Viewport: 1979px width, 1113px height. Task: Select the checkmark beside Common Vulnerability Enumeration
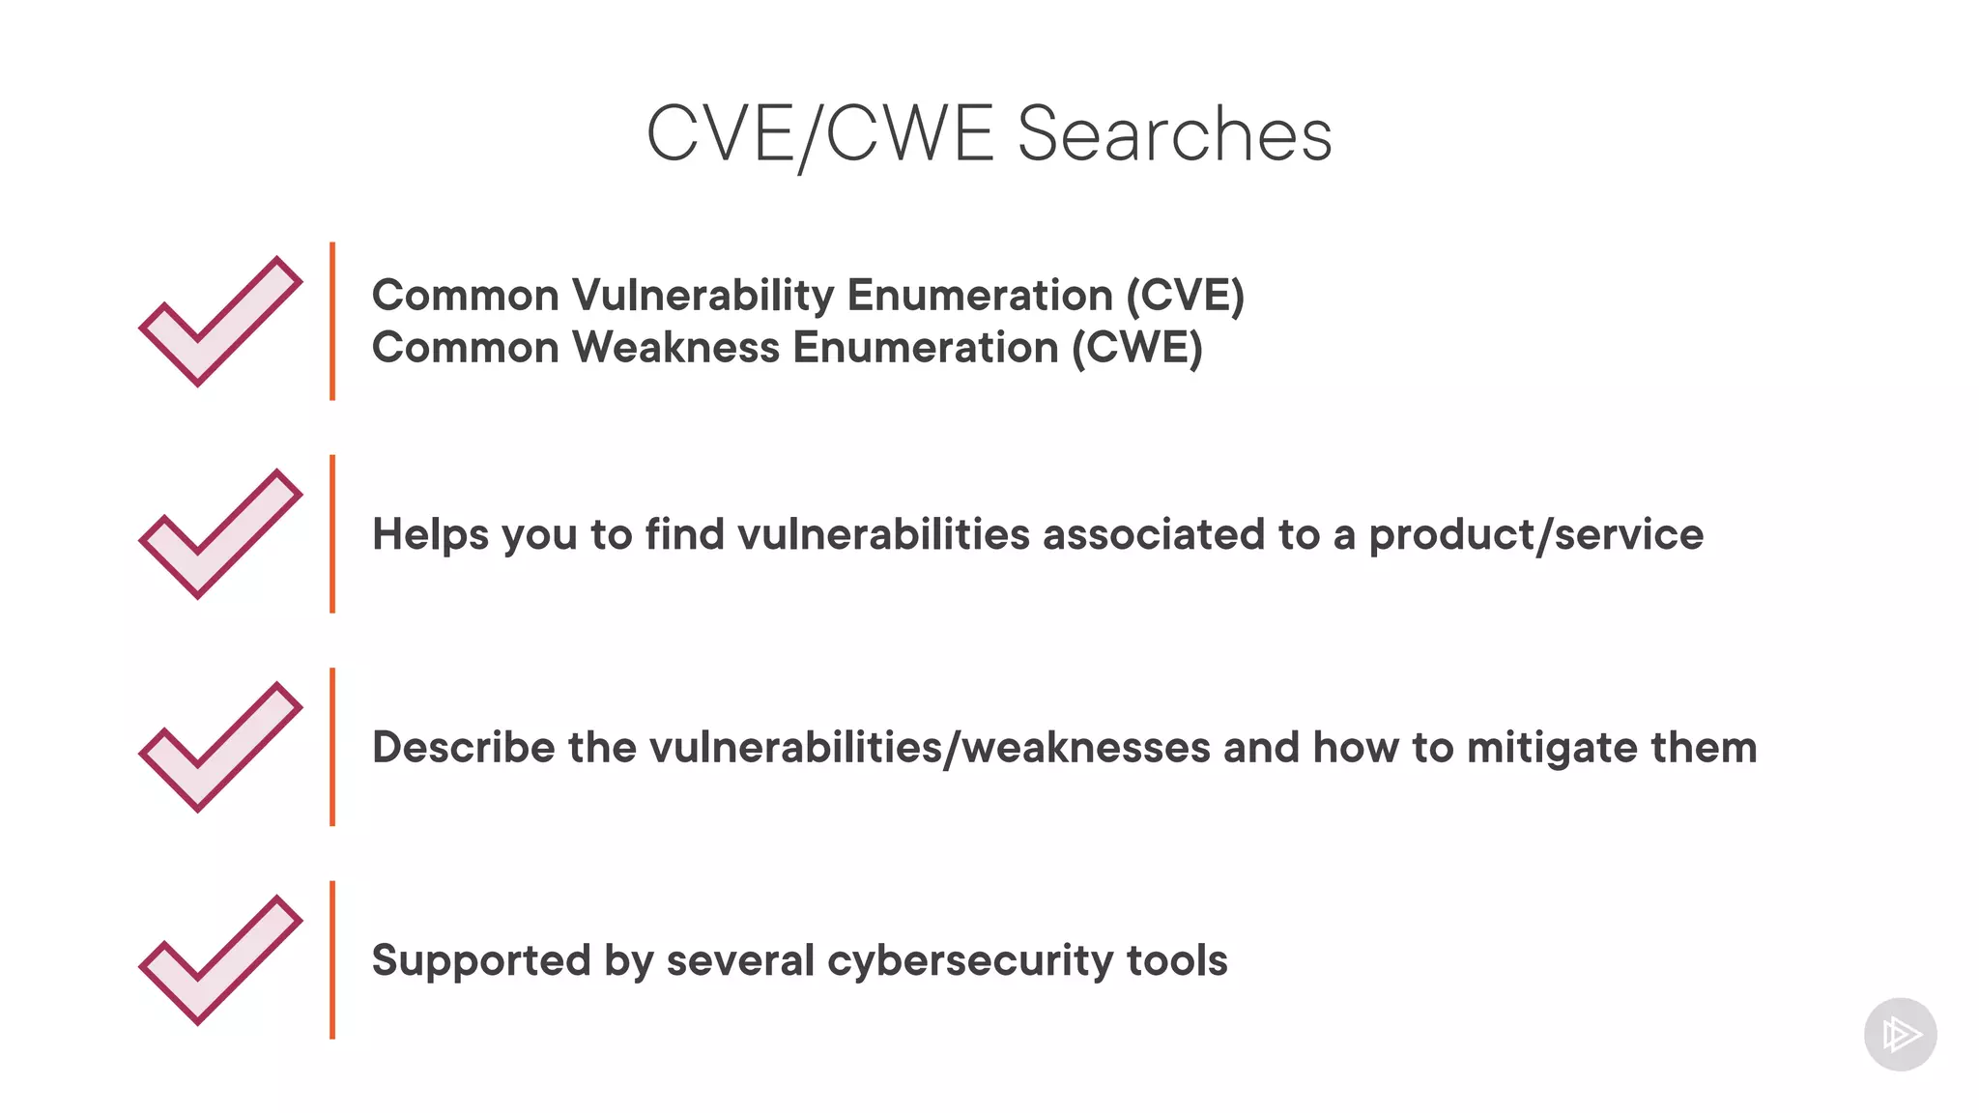(x=220, y=321)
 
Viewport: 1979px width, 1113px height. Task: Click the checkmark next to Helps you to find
(x=220, y=533)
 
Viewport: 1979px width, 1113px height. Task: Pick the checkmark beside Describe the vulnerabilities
(x=220, y=747)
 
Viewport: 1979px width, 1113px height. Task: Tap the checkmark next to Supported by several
(x=220, y=959)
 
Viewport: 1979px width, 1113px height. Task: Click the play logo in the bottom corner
(x=1900, y=1035)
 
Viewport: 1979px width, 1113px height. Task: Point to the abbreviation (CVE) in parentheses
(x=1185, y=296)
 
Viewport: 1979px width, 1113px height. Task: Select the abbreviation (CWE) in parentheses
(x=1136, y=348)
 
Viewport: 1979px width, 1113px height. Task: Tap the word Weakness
(x=676, y=348)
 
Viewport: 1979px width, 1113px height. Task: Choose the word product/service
(x=1535, y=535)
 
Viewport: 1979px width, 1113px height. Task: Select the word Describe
(x=464, y=748)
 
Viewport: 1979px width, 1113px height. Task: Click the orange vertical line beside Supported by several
(x=332, y=959)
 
